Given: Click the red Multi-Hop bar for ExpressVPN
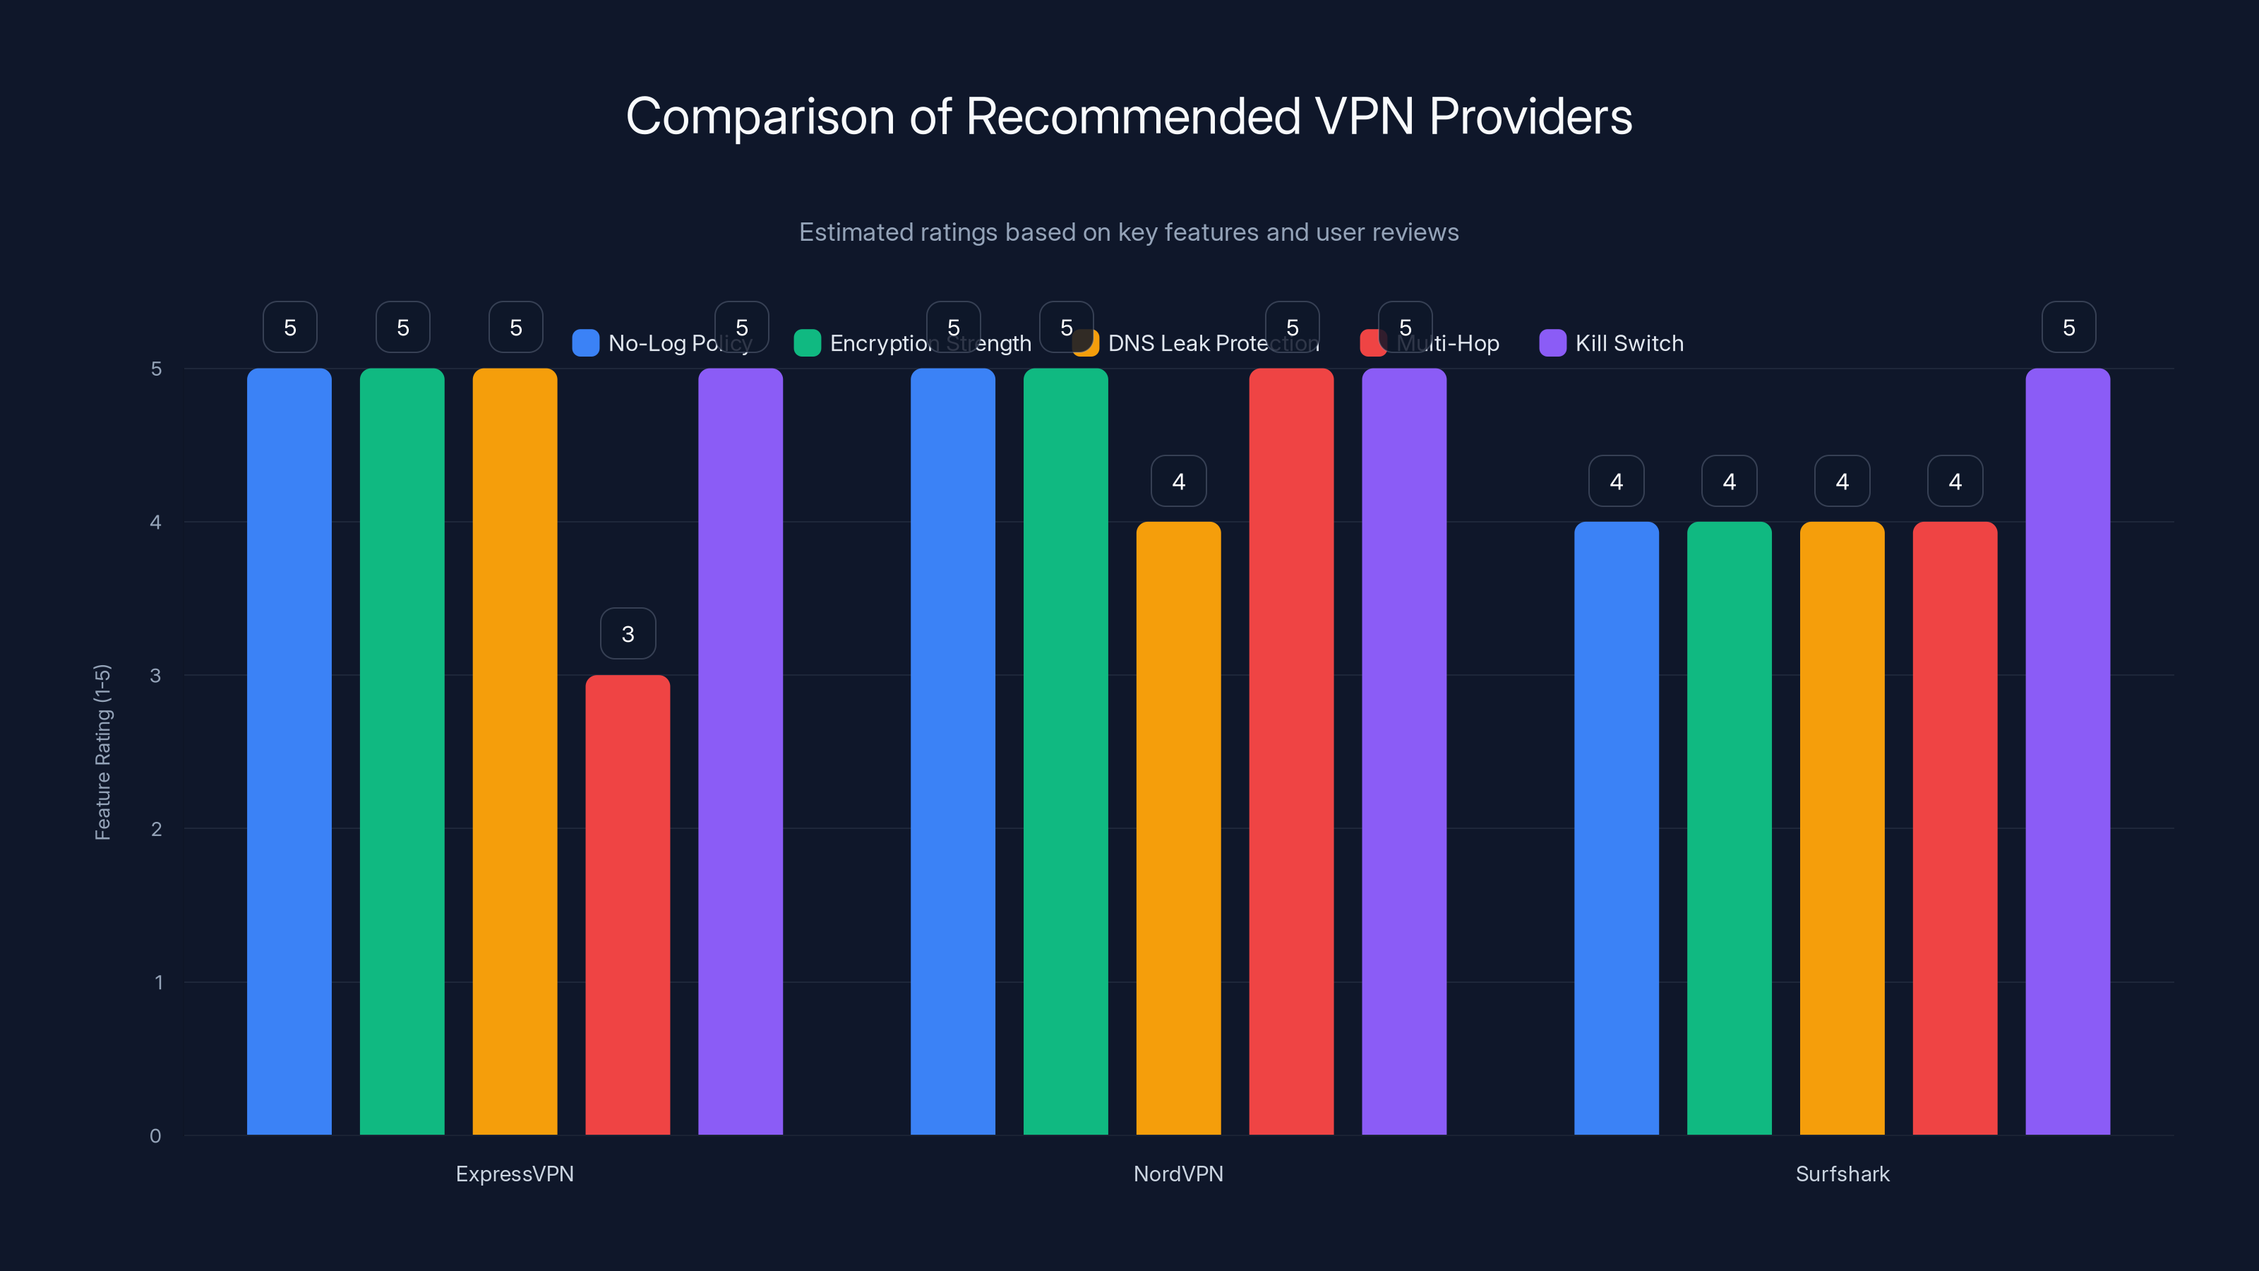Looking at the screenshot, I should pyautogui.click(x=628, y=904).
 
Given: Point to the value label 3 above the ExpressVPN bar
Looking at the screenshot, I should pyautogui.click(x=628, y=633).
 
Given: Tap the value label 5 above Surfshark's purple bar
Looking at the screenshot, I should pyautogui.click(x=2068, y=327).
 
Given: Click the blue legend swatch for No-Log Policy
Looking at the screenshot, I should pyautogui.click(x=585, y=343).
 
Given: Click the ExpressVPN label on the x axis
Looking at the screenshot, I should pyautogui.click(x=515, y=1174).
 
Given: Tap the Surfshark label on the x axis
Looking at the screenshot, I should pyautogui.click(x=1842, y=1174).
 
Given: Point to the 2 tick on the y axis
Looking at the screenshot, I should pyautogui.click(x=156, y=829).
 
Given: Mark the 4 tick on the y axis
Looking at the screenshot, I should pyautogui.click(x=155, y=522).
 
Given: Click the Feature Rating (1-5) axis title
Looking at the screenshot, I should pyautogui.click(x=102, y=752).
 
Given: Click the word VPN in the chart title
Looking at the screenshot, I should pyautogui.click(x=1364, y=117).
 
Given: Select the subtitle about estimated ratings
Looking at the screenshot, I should pyautogui.click(x=1129, y=232).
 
